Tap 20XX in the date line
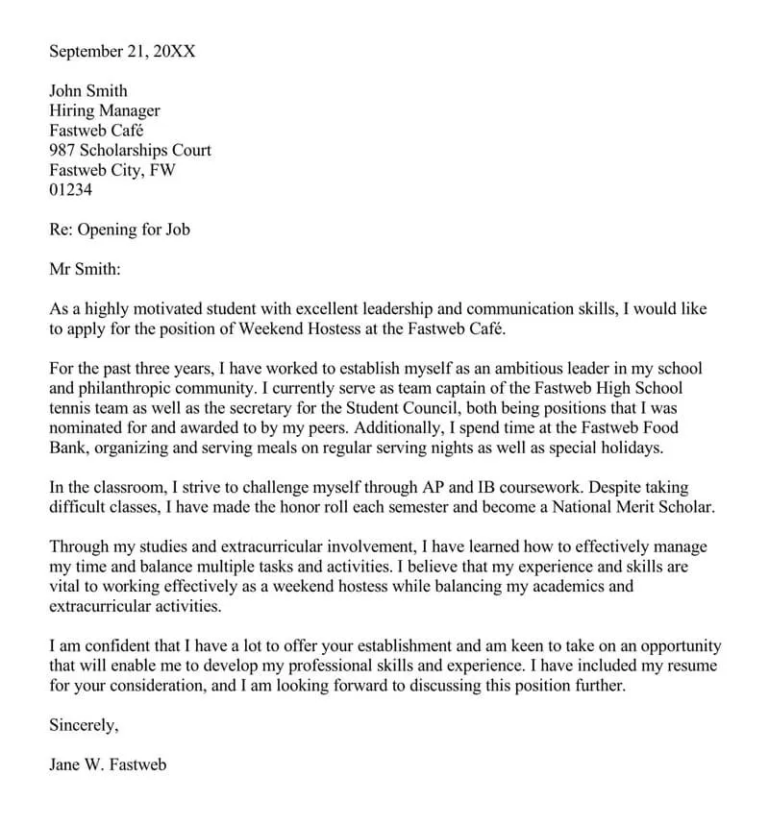pyautogui.click(x=174, y=50)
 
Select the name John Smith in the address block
pyautogui.click(x=88, y=91)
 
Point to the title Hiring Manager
pyautogui.click(x=105, y=111)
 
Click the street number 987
pyautogui.click(x=62, y=151)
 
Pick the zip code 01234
pyautogui.click(x=70, y=190)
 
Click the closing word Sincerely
pyautogui.click(x=84, y=727)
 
